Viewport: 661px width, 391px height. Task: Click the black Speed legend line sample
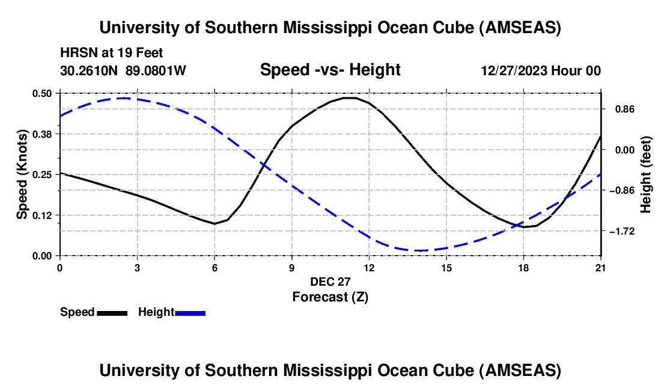pyautogui.click(x=112, y=313)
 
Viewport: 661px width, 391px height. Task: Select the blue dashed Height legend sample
pyautogui.click(x=190, y=313)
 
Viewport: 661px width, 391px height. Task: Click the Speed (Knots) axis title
pyautogui.click(x=22, y=174)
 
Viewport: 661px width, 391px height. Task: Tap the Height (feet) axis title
pyautogui.click(x=647, y=174)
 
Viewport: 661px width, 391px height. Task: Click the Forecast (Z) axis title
pyautogui.click(x=330, y=297)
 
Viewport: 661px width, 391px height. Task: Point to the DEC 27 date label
pyautogui.click(x=330, y=282)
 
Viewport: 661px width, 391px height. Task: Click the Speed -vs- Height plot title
pyautogui.click(x=330, y=70)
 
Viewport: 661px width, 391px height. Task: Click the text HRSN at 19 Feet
pyautogui.click(x=112, y=54)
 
